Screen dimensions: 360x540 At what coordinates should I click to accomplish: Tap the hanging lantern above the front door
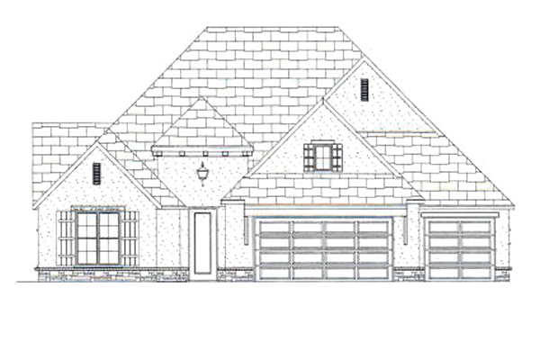203,171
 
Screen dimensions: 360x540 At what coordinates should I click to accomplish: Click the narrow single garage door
459,249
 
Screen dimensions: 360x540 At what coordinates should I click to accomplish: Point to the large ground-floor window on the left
98,237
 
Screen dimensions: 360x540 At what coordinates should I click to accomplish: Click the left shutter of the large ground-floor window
65,238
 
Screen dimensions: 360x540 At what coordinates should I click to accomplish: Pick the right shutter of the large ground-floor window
131,238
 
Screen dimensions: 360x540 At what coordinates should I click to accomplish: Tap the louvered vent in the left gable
96,174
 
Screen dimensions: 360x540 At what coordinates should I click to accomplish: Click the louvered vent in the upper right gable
364,89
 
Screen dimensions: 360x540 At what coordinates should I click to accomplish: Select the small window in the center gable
322,157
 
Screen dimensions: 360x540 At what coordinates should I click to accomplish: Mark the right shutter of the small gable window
337,157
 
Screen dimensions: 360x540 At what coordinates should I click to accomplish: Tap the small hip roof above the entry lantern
203,126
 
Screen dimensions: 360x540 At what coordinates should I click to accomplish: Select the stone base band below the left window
98,273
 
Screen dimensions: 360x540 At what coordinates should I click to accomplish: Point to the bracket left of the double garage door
247,229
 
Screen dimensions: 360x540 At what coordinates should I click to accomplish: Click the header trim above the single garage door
459,217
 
